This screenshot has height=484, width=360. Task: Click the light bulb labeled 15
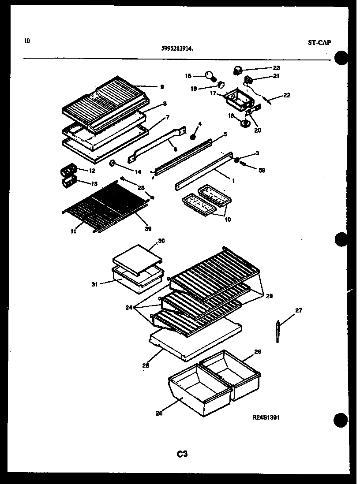(210, 76)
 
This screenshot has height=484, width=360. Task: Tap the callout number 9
(150, 87)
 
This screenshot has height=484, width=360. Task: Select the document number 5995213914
(177, 49)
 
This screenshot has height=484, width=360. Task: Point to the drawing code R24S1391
(265, 417)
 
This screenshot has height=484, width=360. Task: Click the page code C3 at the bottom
(182, 454)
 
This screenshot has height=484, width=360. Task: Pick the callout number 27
(298, 310)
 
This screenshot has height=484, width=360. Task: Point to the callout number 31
(94, 284)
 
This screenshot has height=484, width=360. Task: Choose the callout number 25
(146, 365)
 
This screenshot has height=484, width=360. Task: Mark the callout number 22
(287, 95)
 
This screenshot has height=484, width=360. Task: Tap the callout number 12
(92, 170)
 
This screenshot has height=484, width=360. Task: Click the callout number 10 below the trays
(227, 219)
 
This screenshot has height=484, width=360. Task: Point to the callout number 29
(269, 296)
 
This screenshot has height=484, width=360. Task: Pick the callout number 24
(129, 307)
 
